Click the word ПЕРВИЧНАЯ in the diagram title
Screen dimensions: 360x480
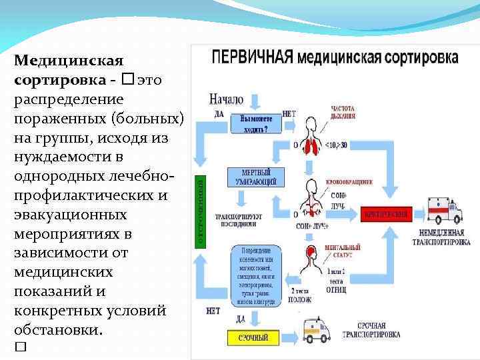tap(252, 57)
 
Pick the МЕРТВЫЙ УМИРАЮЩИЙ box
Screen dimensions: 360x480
tap(255, 177)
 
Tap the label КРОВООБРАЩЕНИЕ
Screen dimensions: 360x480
tap(349, 181)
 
